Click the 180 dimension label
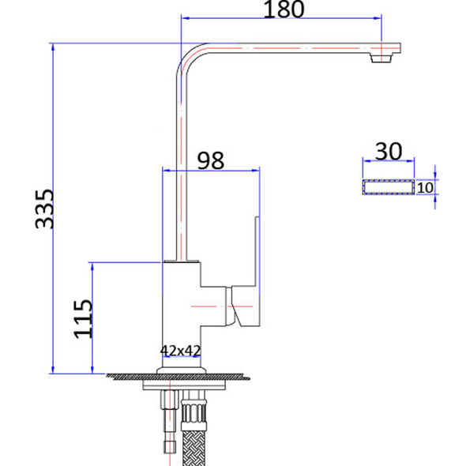click(x=284, y=9)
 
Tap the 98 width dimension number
click(x=210, y=160)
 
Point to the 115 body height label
click(x=83, y=318)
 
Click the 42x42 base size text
click(x=181, y=349)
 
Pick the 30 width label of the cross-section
click(x=388, y=151)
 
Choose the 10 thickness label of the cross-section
click(x=425, y=187)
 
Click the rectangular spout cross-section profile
click(x=388, y=187)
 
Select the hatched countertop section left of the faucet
click(x=130, y=377)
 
